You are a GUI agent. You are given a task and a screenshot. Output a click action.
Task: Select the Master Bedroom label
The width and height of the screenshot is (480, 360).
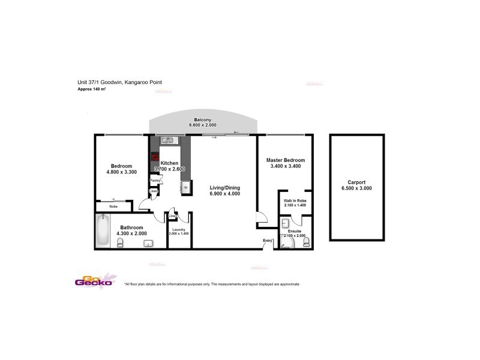(x=286, y=160)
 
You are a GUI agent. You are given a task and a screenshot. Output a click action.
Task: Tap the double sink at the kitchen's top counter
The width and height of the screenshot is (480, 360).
(x=167, y=141)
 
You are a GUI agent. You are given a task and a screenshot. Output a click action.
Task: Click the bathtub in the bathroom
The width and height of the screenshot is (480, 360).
(x=103, y=230)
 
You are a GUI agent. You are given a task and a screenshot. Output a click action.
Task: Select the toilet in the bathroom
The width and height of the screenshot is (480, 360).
(x=120, y=242)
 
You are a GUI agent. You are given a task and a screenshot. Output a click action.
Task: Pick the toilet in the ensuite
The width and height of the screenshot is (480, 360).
(x=307, y=242)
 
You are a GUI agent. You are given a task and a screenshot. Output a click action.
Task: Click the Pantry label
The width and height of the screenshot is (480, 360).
(x=154, y=180)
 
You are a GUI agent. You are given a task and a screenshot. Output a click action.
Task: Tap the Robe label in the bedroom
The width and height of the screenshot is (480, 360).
(x=113, y=206)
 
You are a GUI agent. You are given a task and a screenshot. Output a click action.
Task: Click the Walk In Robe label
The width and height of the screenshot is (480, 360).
(x=295, y=200)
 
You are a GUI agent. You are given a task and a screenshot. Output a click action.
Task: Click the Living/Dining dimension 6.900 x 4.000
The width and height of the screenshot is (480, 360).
(x=225, y=193)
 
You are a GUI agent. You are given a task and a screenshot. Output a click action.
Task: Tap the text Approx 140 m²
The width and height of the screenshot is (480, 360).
(x=92, y=89)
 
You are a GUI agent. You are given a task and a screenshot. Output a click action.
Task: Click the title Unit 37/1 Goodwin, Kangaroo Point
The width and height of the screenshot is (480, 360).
(x=120, y=83)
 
